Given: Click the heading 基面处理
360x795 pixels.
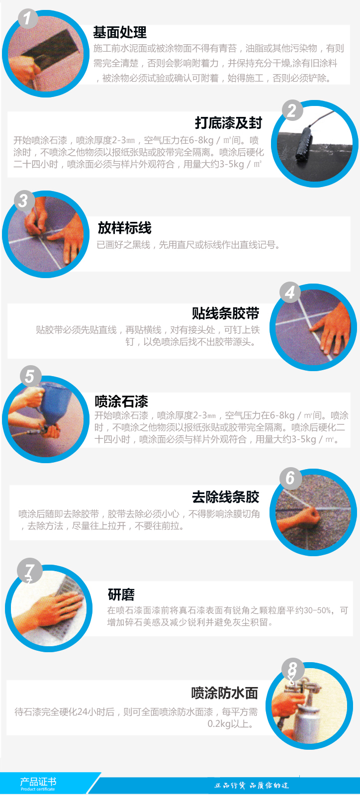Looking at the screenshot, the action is click(x=120, y=32).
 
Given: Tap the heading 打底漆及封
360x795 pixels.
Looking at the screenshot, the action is click(x=228, y=123).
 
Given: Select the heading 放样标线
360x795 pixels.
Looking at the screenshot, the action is click(x=124, y=228).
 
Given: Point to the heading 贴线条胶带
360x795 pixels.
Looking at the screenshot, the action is click(x=226, y=313).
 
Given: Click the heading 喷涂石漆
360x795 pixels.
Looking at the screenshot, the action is click(x=121, y=401).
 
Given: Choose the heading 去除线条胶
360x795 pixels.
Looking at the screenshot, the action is click(x=226, y=497).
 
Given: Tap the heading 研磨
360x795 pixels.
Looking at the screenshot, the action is click(x=121, y=594).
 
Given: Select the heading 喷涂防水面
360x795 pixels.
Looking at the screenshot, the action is click(x=225, y=693).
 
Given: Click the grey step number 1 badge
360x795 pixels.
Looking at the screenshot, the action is click(x=27, y=18).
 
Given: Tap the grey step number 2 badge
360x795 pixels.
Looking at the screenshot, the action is click(x=292, y=110).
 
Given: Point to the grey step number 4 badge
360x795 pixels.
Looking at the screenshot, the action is click(x=290, y=293).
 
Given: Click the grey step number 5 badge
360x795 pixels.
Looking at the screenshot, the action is click(x=30, y=376).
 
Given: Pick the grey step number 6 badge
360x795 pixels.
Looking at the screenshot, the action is click(x=291, y=478).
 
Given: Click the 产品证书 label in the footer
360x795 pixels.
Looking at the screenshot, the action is click(x=38, y=781).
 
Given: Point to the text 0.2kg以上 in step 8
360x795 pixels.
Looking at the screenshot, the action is click(x=231, y=724).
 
